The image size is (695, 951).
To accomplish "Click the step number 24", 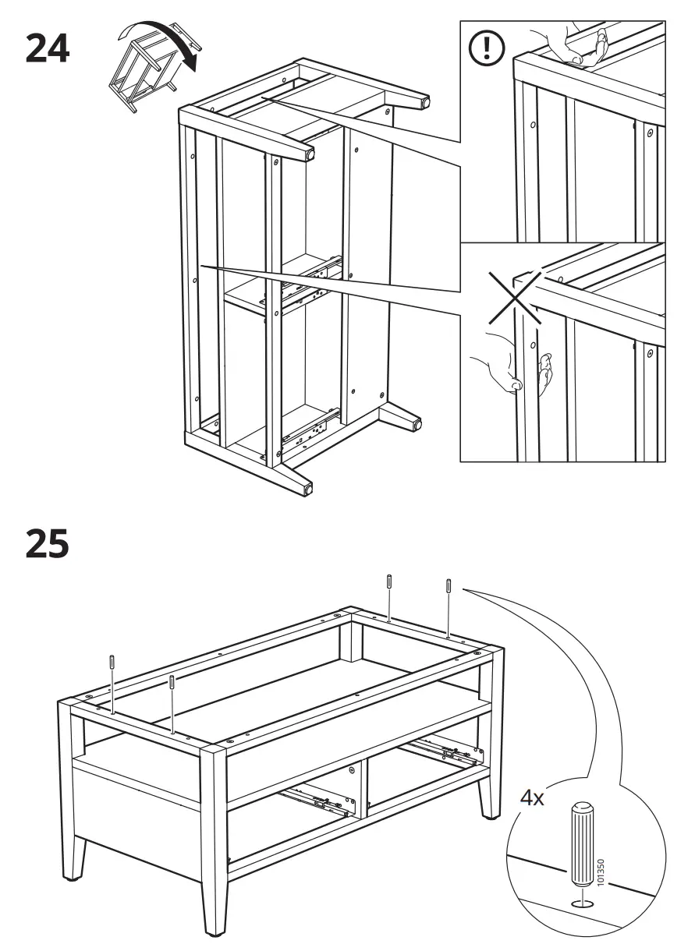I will click(x=48, y=49).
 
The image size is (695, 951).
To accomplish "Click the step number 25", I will click(x=48, y=545).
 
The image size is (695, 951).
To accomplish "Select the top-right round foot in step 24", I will click(x=425, y=101).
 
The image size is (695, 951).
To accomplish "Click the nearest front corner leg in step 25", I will click(x=212, y=842).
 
